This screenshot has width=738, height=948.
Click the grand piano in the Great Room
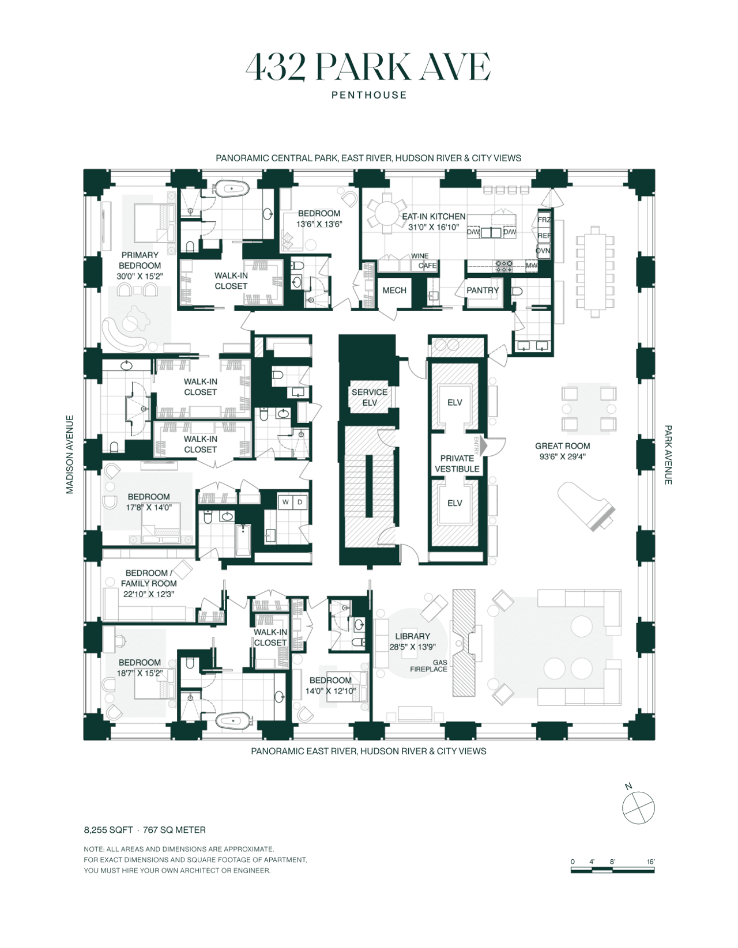pos(586,506)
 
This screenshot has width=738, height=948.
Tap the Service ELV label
pos(369,397)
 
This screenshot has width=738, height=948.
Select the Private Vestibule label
pos(457,463)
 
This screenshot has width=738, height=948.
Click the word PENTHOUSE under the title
pos(369,95)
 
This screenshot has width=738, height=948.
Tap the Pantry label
pos(482,290)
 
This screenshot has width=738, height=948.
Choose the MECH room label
pos(394,290)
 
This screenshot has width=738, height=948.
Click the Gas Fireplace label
pos(428,666)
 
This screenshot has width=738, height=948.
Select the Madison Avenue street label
pos(70,454)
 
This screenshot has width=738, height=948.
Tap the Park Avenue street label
pos(668,455)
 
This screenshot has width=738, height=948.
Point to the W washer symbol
pos(285,502)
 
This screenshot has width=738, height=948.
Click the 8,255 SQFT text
pos(108,830)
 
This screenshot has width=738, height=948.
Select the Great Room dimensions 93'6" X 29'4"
pos(562,457)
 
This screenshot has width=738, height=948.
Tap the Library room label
pos(412,636)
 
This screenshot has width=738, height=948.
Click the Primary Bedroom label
pos(140,260)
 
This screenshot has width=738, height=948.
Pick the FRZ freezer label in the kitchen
pos(544,220)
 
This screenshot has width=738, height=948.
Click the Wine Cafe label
pos(424,260)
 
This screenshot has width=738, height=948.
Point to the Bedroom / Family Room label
pos(148,578)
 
